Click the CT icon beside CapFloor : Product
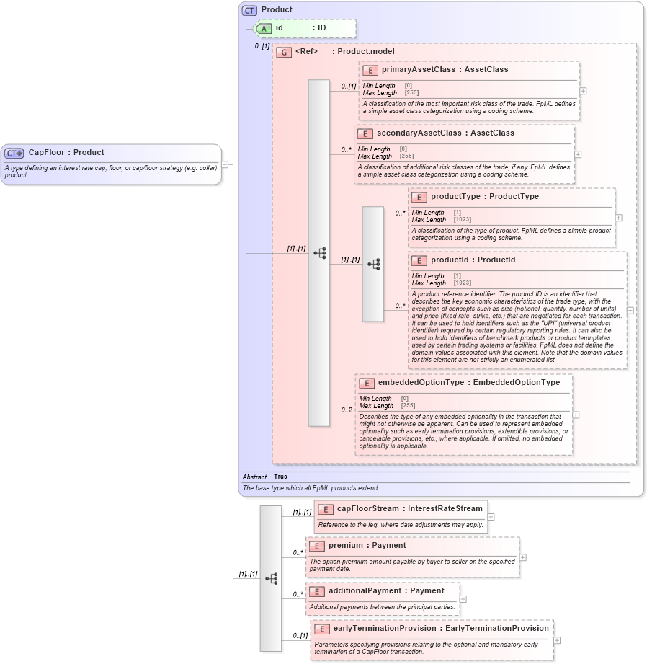point(14,153)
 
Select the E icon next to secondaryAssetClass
point(365,133)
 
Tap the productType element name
point(456,196)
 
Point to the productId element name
point(452,260)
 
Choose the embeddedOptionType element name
point(421,382)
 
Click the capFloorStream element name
point(367,509)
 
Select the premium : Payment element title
point(367,545)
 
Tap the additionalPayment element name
point(365,590)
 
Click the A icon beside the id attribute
point(264,28)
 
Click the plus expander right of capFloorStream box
point(491,516)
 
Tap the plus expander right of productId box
point(630,310)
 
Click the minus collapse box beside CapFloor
point(225,164)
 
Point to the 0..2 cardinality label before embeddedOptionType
point(347,410)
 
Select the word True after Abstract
point(280,477)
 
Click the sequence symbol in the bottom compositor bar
point(271,578)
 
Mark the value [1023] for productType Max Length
point(463,219)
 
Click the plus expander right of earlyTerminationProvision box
point(558,639)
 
